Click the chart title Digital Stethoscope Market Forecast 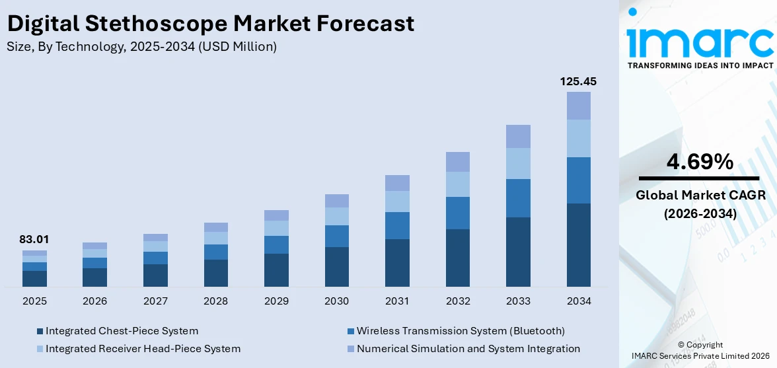(211, 23)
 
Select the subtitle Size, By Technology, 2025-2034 (141, 46)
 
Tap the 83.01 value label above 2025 (34, 239)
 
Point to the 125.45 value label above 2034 (579, 81)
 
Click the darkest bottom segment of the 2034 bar (579, 244)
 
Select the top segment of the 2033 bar (518, 136)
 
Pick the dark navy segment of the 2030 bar (336, 267)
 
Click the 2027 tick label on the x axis (155, 301)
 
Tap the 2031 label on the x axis (397, 301)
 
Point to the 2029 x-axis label (276, 301)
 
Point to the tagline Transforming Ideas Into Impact (700, 65)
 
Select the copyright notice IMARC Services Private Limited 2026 (700, 356)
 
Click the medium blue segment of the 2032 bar (458, 213)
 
